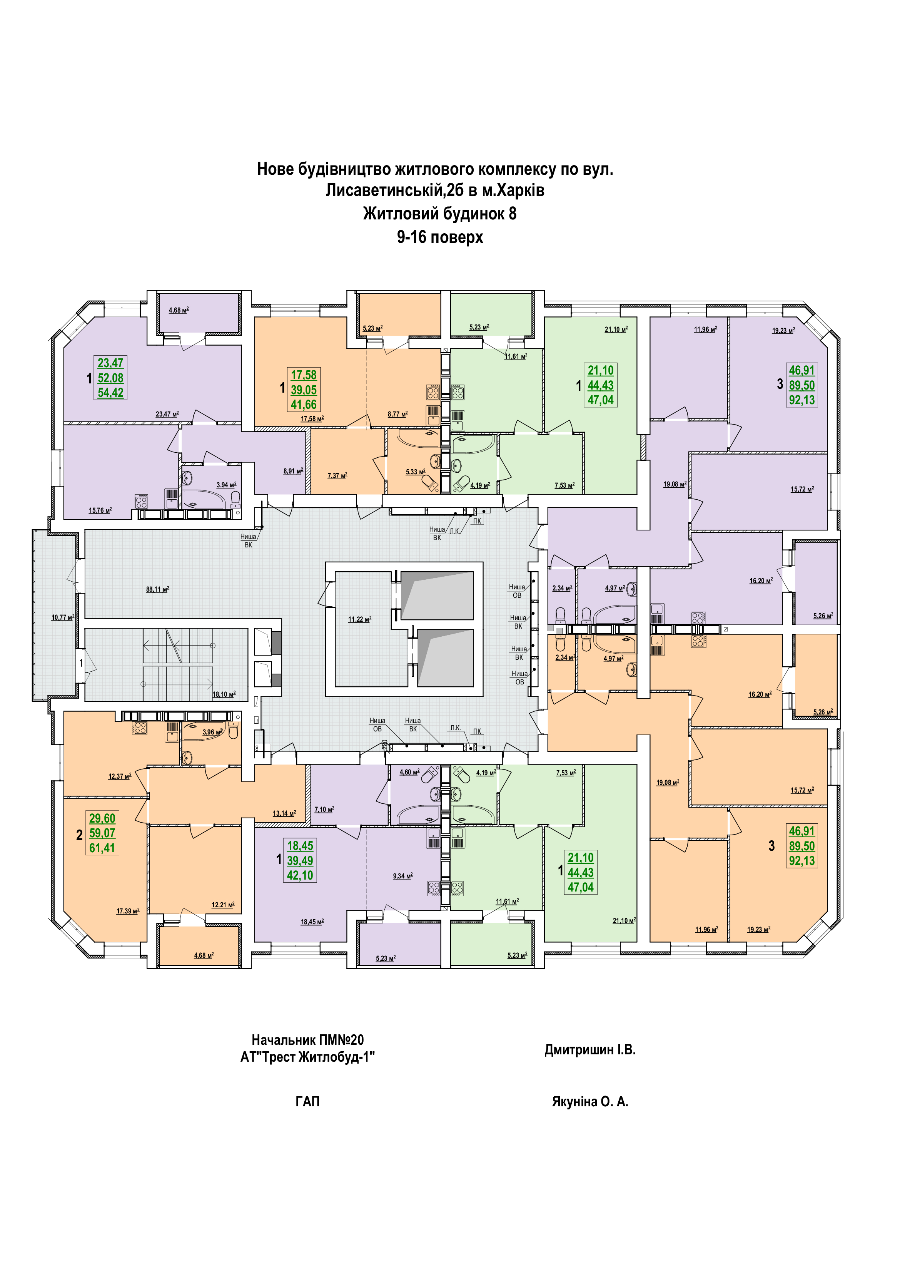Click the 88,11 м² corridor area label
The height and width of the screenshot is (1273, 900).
[x=157, y=589]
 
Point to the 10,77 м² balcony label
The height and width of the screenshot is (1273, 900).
[x=63, y=617]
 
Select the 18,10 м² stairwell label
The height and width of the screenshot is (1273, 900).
[x=224, y=694]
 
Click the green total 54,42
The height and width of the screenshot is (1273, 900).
[x=110, y=393]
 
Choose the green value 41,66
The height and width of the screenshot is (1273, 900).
[x=304, y=404]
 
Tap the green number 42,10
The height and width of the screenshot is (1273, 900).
[x=300, y=875]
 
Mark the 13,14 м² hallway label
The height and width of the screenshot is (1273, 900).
[x=284, y=813]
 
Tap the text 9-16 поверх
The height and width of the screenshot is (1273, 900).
[x=440, y=237]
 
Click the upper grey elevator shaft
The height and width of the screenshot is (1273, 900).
[x=437, y=595]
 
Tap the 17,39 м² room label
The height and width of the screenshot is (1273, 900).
[x=127, y=910]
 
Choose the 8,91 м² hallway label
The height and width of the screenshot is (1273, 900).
[x=292, y=471]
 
